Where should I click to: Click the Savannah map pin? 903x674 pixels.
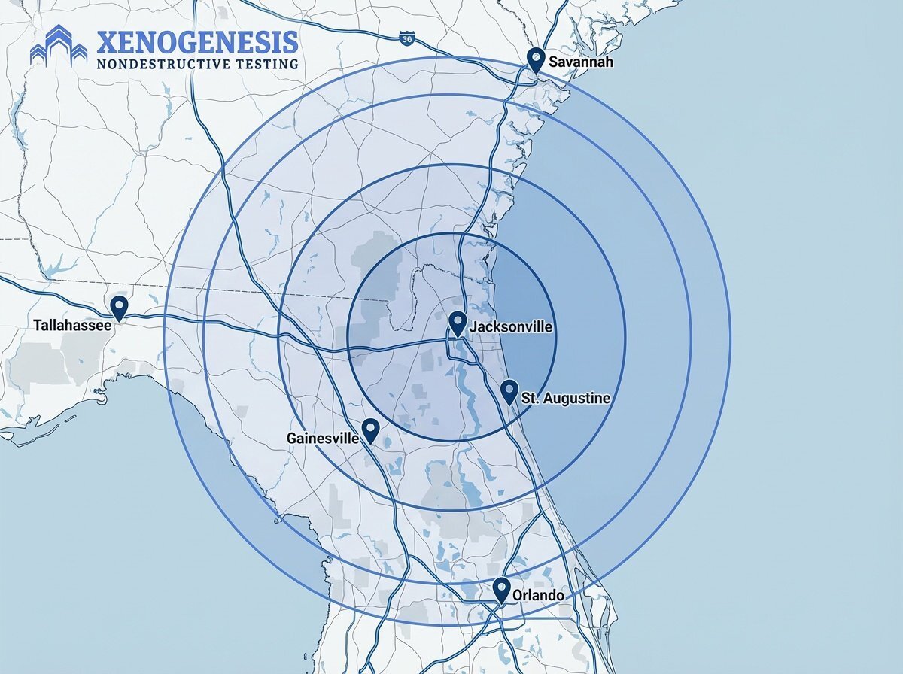pyautogui.click(x=536, y=59)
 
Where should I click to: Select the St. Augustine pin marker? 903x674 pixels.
pyautogui.click(x=509, y=391)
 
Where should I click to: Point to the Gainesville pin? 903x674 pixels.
pyautogui.click(x=370, y=430)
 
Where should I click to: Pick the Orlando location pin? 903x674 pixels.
pyautogui.click(x=502, y=589)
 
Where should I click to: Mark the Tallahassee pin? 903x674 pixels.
pyautogui.click(x=119, y=307)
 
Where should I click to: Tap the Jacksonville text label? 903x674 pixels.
pyautogui.click(x=511, y=327)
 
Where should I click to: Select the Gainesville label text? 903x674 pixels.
pyautogui.click(x=323, y=437)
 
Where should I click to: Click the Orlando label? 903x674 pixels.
pyautogui.click(x=539, y=596)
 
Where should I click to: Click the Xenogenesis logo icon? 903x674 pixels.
pyautogui.click(x=59, y=47)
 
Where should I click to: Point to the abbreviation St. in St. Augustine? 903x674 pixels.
pyautogui.click(x=530, y=397)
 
